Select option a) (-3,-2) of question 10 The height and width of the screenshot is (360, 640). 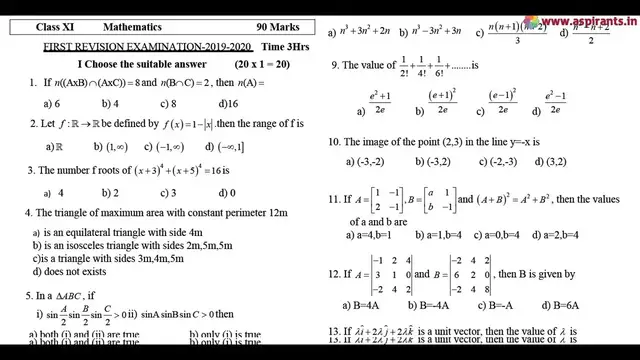(x=364, y=162)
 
